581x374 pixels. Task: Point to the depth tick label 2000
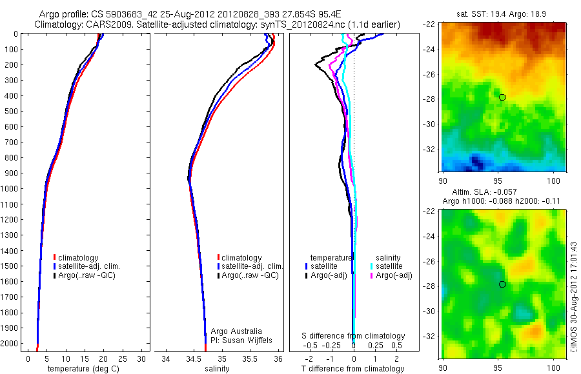point(12,344)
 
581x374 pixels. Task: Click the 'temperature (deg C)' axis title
point(81,369)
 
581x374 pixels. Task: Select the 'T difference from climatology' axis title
point(353,369)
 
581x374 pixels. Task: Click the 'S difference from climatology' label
point(354,336)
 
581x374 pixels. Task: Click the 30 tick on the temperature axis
point(142,359)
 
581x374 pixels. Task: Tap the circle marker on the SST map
point(502,97)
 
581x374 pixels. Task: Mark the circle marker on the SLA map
point(502,284)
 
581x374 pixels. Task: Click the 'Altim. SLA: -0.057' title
point(504,193)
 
